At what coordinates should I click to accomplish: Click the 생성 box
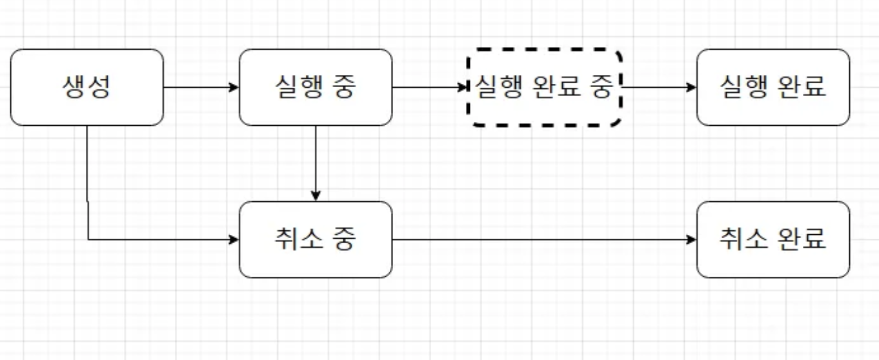(87, 87)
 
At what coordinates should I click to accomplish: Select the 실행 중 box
(316, 87)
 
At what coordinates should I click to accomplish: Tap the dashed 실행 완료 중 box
(543, 87)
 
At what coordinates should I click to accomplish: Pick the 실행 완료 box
(773, 87)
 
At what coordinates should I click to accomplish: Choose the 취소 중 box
(316, 239)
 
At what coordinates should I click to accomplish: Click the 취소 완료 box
(773, 239)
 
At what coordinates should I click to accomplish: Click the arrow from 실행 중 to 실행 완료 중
(429, 87)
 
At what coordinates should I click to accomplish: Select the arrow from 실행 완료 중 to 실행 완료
(658, 87)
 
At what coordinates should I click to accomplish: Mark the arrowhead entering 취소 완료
(692, 239)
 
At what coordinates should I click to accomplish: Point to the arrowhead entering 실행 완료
(692, 87)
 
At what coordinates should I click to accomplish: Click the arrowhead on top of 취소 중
(316, 196)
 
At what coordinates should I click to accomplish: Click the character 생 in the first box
(74, 87)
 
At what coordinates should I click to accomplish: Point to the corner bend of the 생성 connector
(88, 239)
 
